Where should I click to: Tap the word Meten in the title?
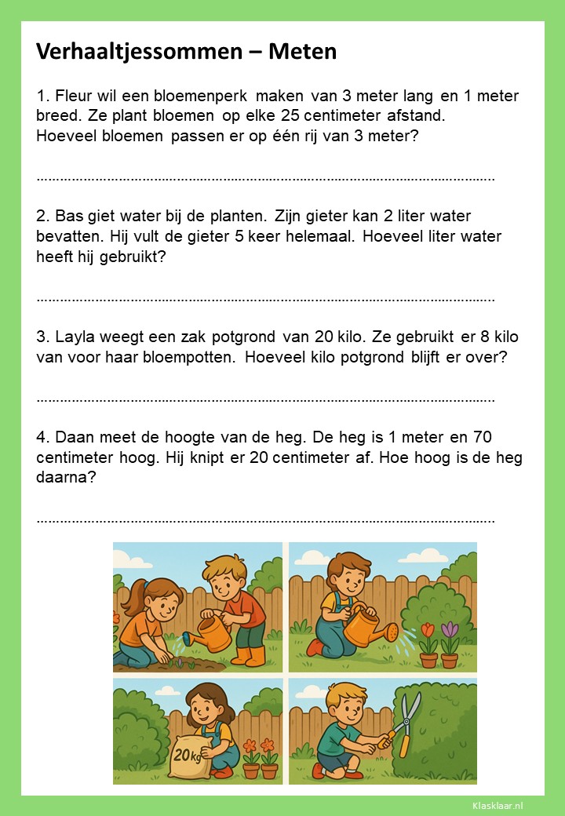(303, 52)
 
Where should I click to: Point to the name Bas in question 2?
(70, 216)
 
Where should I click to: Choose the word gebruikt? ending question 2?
(133, 257)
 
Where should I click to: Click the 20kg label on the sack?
(185, 755)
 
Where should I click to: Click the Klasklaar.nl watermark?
(498, 805)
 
